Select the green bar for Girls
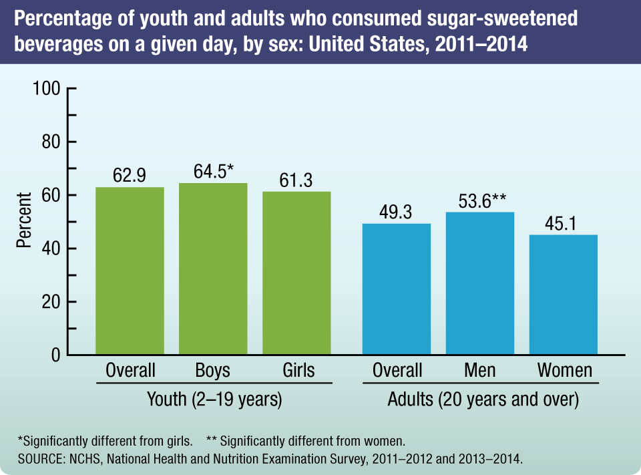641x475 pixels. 296,273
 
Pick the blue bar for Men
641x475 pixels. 480,283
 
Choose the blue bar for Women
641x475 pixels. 564,295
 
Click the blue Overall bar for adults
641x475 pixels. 397,289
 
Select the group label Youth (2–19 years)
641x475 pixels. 214,400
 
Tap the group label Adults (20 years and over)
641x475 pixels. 483,400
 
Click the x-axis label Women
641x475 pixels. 564,370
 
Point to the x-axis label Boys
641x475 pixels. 213,370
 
